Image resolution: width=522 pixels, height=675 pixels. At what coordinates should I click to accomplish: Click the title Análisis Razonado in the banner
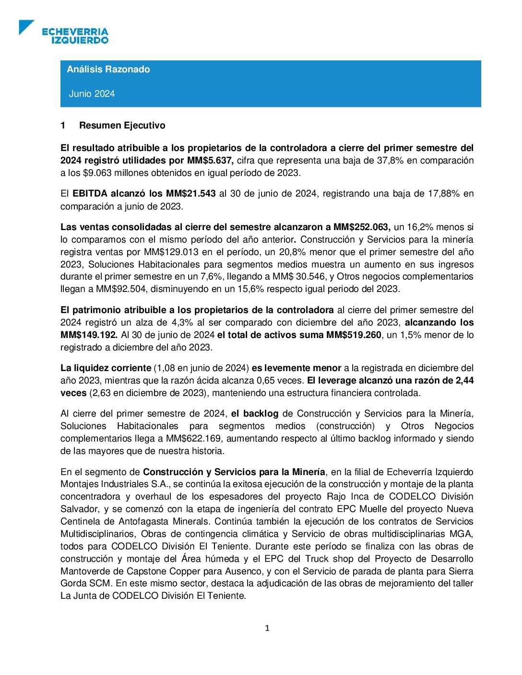pos(108,70)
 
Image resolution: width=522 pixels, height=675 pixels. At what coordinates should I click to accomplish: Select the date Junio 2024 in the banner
pos(92,94)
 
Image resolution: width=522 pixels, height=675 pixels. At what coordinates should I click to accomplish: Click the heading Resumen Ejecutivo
pos(122,126)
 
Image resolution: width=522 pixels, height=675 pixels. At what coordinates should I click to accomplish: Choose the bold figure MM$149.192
pos(89,335)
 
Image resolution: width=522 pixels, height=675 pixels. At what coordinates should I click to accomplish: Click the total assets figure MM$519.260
pos(354,335)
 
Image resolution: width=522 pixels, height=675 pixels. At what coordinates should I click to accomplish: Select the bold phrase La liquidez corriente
pos(106,368)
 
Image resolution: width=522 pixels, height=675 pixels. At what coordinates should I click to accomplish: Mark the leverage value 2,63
pos(101,393)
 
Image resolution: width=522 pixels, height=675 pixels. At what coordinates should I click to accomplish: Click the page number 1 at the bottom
pos(267,628)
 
